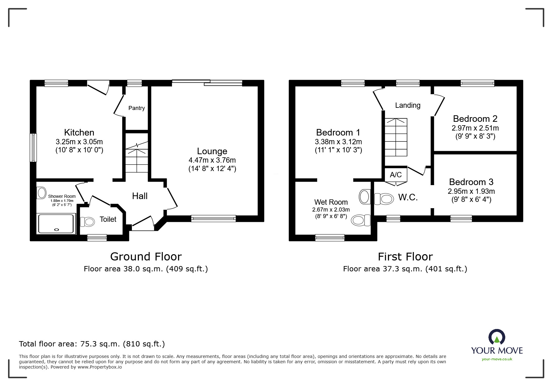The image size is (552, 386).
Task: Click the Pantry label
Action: (137, 108)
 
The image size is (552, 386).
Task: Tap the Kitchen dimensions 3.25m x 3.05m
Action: (79, 142)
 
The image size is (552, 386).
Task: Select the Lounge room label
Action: (212, 151)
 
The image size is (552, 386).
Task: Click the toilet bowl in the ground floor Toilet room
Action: (88, 222)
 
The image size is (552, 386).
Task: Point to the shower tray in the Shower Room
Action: (56, 223)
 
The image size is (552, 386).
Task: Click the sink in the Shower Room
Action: (41, 193)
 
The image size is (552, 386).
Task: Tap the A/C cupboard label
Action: (396, 175)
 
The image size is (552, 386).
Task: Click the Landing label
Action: (407, 105)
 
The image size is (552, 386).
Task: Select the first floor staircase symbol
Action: (396, 137)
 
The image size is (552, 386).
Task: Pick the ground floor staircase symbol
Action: (137, 157)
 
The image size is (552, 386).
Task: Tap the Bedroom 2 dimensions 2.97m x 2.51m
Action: (475, 128)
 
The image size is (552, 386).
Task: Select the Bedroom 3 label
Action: (471, 182)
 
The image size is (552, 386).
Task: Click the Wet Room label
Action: (331, 202)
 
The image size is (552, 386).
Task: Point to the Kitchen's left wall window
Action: (33, 148)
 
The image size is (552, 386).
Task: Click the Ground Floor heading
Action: (146, 257)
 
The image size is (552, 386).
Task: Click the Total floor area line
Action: (92, 344)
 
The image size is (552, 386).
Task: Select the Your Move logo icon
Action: (497, 337)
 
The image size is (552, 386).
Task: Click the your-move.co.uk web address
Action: (497, 359)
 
